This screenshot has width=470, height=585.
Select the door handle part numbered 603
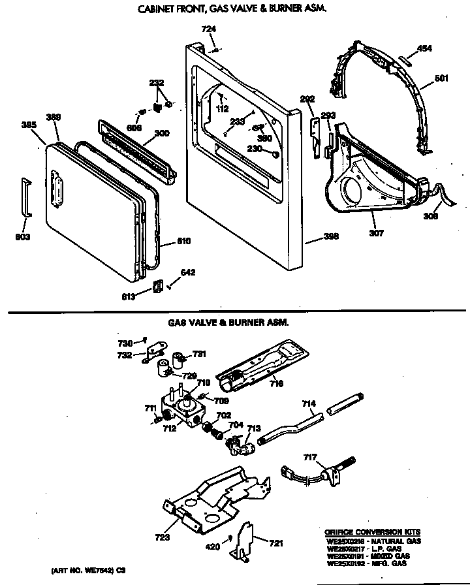pyautogui.click(x=25, y=195)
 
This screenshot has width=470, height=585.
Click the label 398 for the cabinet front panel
pyautogui.click(x=332, y=236)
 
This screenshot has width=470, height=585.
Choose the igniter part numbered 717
pyautogui.click(x=333, y=468)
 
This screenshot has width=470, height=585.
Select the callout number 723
pyautogui.click(x=163, y=538)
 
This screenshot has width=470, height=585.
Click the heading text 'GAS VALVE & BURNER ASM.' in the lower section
pyautogui.click(x=228, y=322)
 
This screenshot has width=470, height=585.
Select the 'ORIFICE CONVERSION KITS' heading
pyautogui.click(x=373, y=532)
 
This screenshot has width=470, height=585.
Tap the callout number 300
pyautogui.click(x=161, y=134)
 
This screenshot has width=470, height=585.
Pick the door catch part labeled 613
pyautogui.click(x=157, y=287)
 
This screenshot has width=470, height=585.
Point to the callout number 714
pyautogui.click(x=309, y=405)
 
